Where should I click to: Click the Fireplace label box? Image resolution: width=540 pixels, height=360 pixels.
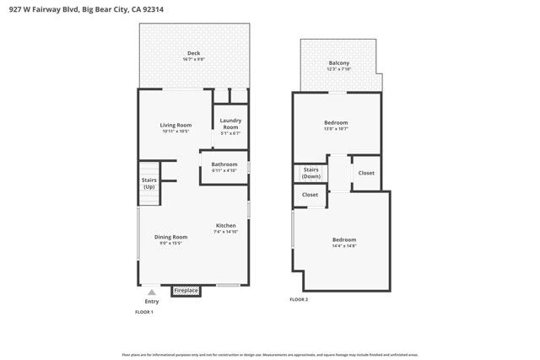(186, 291)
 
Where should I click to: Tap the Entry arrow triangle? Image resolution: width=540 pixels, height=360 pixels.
(152, 293)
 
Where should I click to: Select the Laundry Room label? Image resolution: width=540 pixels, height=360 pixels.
(230, 123)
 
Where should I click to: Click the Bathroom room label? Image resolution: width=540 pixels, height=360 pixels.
(224, 164)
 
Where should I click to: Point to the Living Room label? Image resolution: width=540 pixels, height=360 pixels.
(175, 126)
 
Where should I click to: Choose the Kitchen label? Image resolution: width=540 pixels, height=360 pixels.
(225, 226)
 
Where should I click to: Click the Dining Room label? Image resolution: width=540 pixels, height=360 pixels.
(170, 237)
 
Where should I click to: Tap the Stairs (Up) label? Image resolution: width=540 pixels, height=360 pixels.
(148, 182)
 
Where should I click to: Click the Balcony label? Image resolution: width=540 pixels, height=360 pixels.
(338, 63)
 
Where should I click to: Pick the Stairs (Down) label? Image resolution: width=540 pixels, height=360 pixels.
(311, 173)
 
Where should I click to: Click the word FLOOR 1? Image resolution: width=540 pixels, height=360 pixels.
(144, 312)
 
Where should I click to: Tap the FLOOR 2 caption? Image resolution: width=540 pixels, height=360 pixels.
(300, 299)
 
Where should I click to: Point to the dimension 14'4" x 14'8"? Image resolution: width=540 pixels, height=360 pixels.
(344, 246)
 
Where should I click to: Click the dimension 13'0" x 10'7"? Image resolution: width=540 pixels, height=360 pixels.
(336, 129)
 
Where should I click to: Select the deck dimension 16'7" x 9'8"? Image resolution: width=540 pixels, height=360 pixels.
(193, 60)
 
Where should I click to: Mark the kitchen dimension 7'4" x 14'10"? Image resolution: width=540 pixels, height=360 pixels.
(226, 232)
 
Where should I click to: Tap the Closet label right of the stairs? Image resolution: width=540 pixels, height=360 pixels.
(366, 173)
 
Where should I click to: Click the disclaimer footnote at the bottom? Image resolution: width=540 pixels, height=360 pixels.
(269, 354)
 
